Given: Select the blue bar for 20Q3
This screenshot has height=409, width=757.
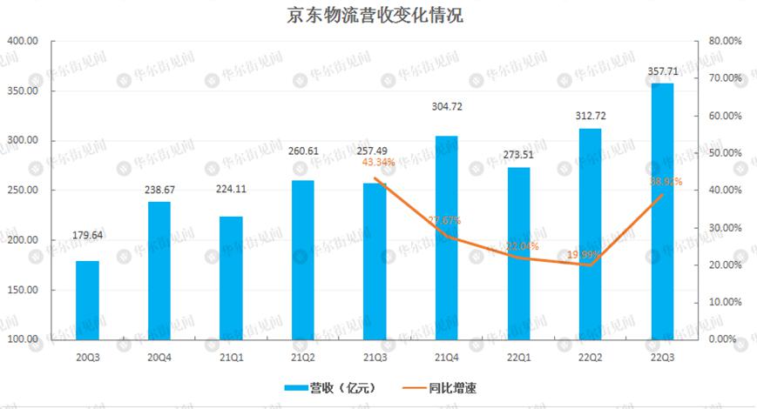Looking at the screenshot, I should [87, 299].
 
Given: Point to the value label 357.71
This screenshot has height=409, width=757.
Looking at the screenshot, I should [662, 70].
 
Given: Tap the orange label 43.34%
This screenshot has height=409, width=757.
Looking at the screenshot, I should [376, 162].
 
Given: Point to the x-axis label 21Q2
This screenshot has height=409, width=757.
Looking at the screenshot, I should [303, 358].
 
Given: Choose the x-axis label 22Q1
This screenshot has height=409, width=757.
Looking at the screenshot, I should [518, 358].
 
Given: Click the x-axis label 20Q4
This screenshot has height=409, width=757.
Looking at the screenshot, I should [159, 358].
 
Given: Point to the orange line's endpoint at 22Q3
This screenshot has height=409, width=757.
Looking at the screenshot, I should [662, 194].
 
